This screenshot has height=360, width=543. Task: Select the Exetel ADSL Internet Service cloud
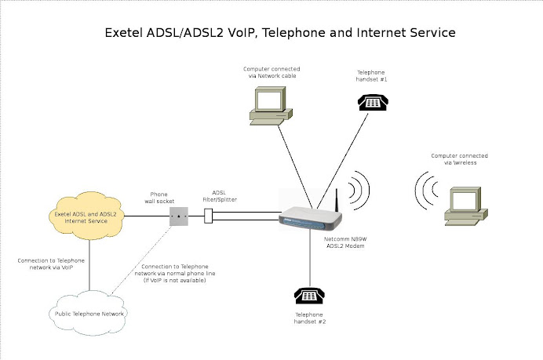tap(86, 216)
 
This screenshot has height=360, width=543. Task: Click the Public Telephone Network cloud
tap(90, 313)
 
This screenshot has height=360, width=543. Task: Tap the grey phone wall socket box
tap(179, 216)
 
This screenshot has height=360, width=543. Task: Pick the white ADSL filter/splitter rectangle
tap(209, 216)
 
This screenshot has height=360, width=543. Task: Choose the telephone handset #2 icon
tap(309, 296)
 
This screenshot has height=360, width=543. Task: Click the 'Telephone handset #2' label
tap(308, 318)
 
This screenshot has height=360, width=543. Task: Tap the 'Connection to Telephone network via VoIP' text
tap(51, 264)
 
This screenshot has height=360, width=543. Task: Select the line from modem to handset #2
tap(310, 259)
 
